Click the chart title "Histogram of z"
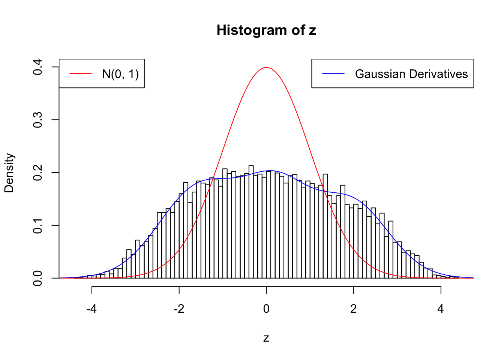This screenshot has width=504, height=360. [x=266, y=30]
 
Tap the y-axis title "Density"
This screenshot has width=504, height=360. [x=9, y=173]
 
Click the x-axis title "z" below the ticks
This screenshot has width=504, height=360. [x=266, y=338]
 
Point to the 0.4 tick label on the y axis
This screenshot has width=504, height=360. [x=37, y=67]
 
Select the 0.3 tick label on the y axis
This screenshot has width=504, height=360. [x=37, y=120]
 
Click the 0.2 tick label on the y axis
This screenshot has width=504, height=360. [x=37, y=173]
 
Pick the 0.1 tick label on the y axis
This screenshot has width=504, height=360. [x=37, y=225]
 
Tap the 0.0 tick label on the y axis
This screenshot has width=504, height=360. [x=37, y=278]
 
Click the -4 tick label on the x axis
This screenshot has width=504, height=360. [x=91, y=309]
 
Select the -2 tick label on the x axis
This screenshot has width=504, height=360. [x=179, y=309]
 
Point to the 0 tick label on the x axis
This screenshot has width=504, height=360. [x=266, y=309]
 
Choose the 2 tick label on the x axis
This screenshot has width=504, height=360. [x=354, y=309]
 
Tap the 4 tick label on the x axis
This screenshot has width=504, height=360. [x=441, y=309]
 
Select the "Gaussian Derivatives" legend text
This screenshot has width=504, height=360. [x=411, y=74]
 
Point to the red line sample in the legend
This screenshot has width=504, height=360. [x=81, y=74]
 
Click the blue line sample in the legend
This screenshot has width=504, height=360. [x=333, y=74]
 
